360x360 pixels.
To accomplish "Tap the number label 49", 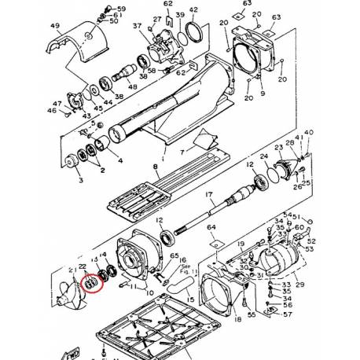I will coord(54,26).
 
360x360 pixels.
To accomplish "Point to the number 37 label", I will coord(138,25).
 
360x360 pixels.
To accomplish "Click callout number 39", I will coord(181,16).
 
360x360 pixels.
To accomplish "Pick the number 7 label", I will coord(182,150).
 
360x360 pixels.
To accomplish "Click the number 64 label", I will coord(211,229).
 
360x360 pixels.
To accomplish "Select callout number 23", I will coord(278,148).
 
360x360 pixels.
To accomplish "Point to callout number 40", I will coord(308,133).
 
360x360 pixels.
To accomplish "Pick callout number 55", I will coord(252,314).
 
